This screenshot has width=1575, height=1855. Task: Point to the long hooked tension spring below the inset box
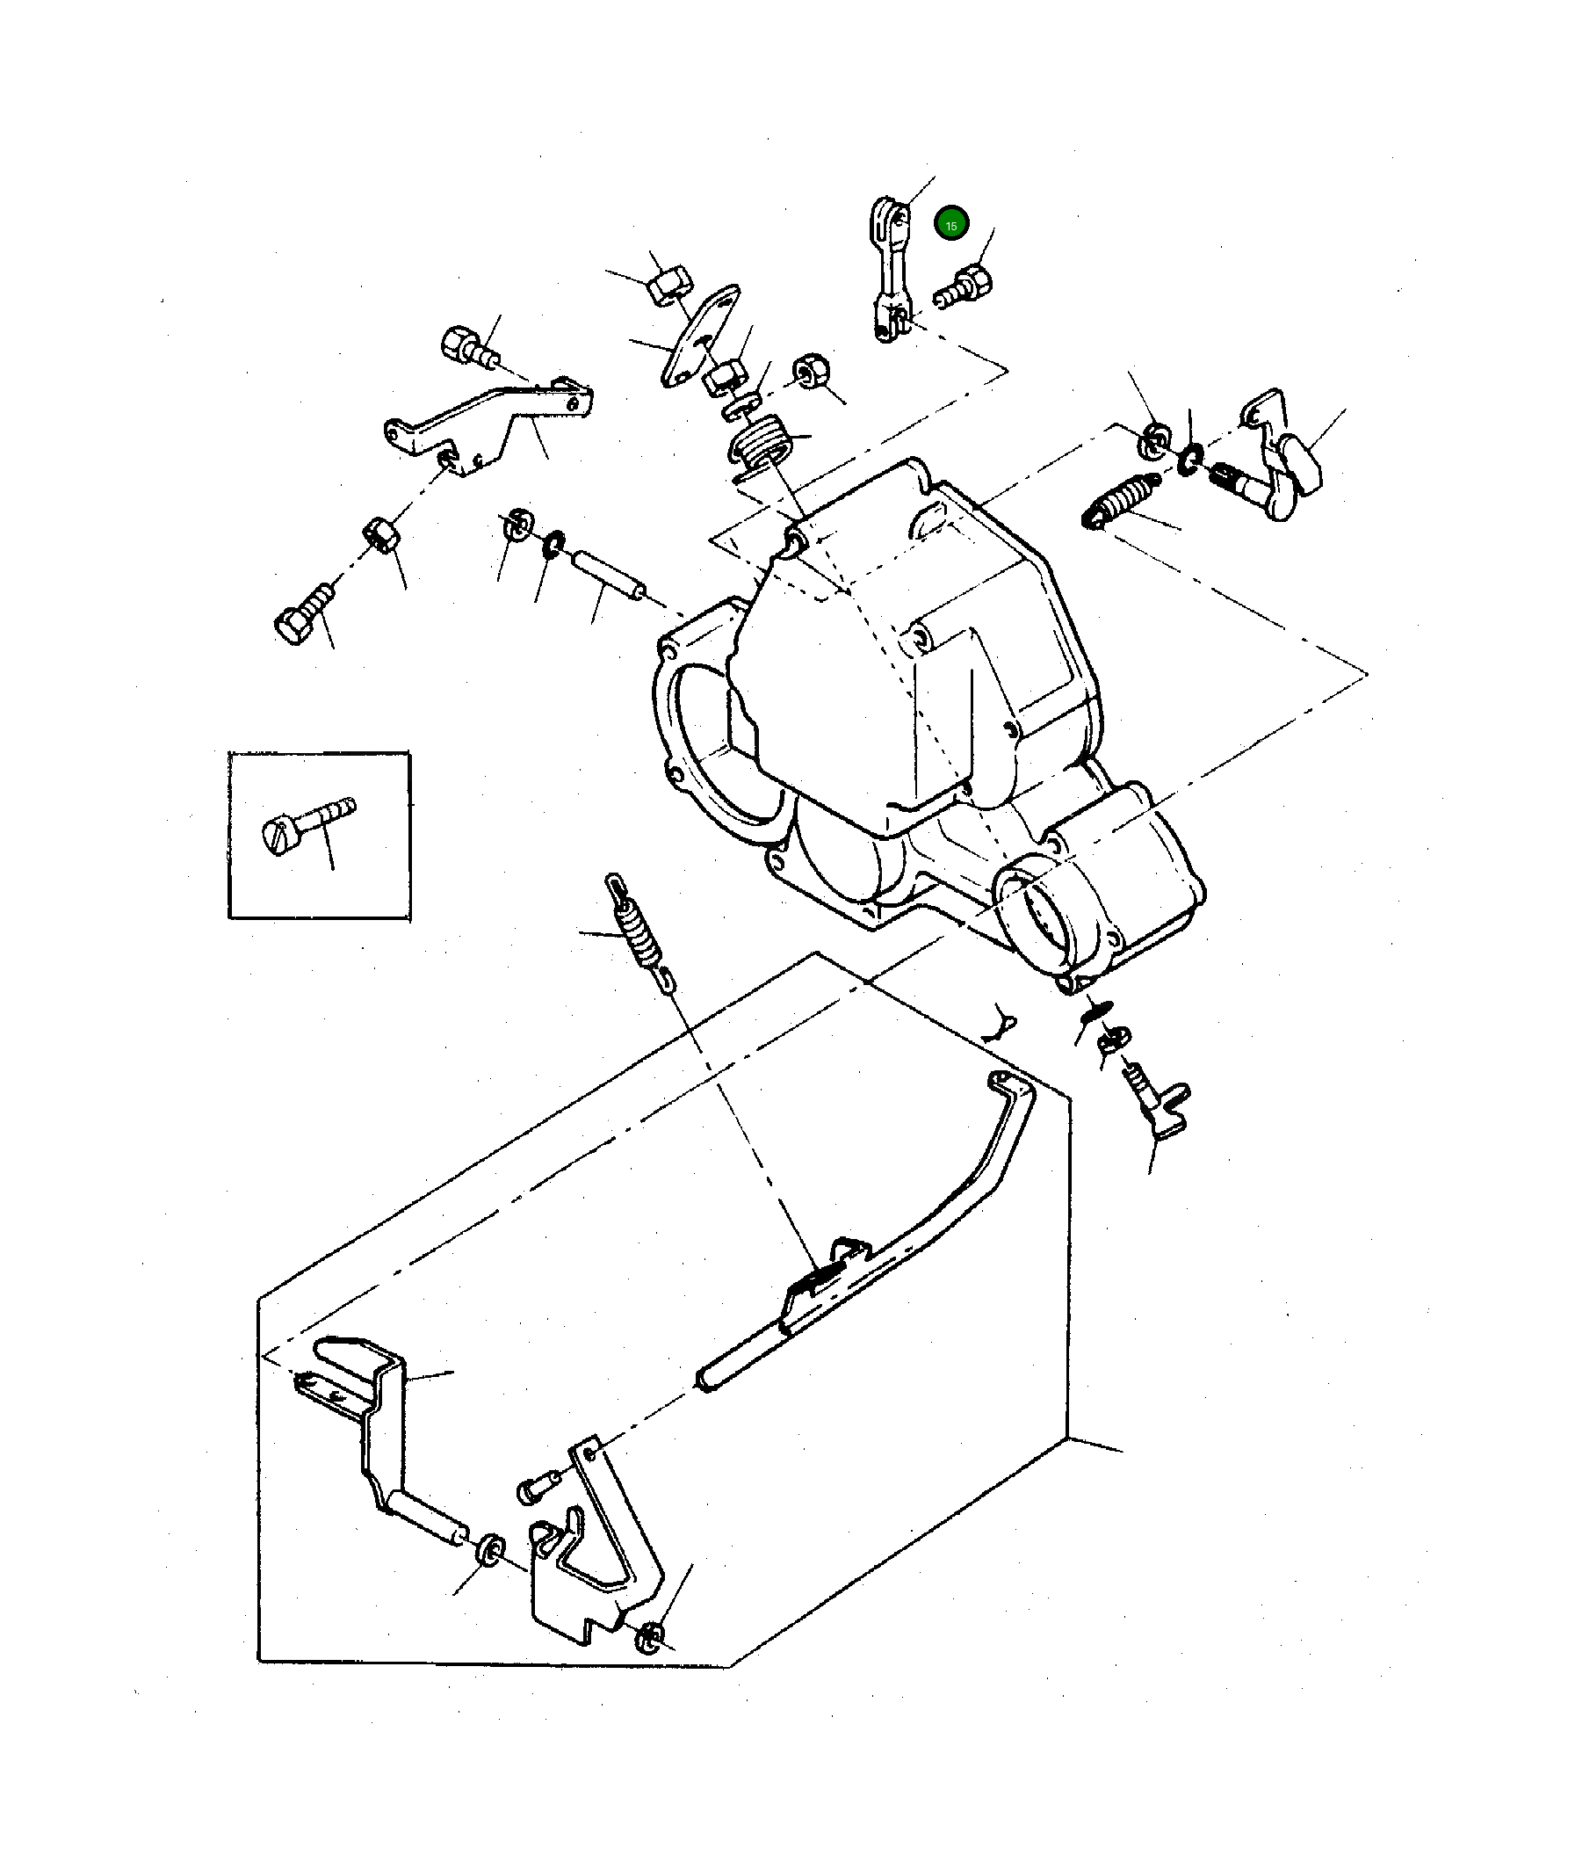coord(639,933)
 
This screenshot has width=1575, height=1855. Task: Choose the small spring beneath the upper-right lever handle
coord(1120,500)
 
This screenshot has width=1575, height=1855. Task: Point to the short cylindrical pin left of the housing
coord(607,576)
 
